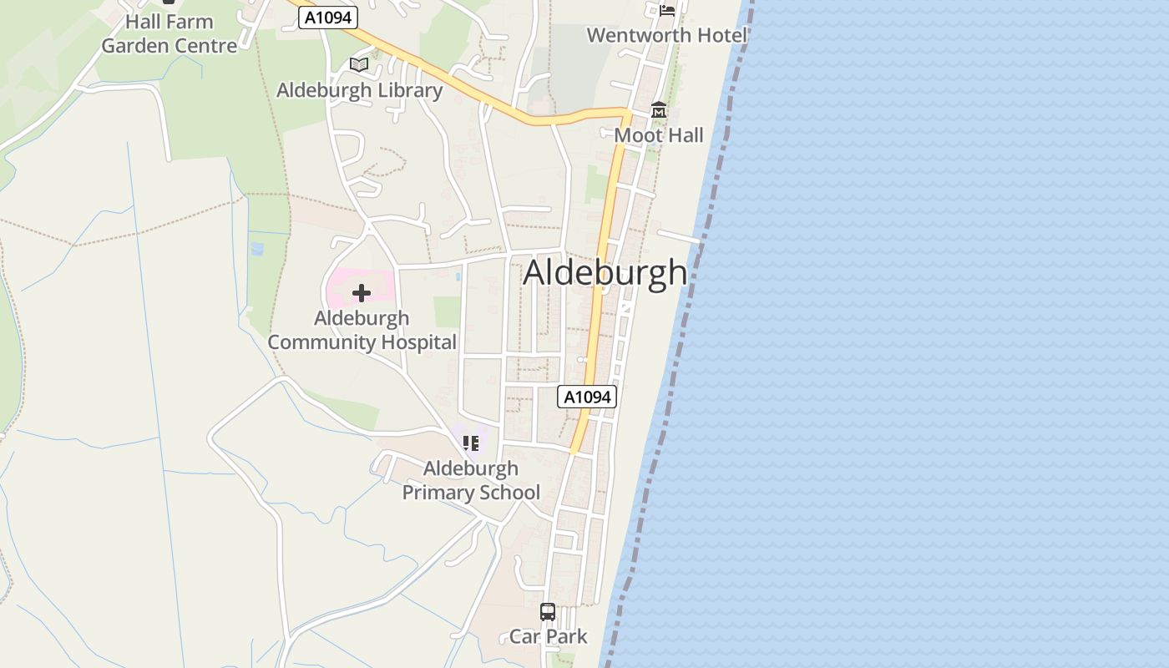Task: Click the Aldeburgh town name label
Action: click(x=605, y=273)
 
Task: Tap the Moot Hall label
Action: click(x=659, y=135)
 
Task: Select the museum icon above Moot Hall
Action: click(x=659, y=110)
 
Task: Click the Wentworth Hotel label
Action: click(x=666, y=35)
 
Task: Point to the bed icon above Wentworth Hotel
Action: click(x=667, y=10)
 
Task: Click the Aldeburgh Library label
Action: click(x=359, y=90)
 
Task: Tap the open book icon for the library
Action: click(x=359, y=64)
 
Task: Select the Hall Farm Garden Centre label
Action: click(x=170, y=33)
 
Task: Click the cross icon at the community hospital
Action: click(x=362, y=293)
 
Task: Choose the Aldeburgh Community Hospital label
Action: click(x=362, y=330)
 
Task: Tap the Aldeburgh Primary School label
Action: click(x=471, y=480)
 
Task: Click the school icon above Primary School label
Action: click(x=471, y=443)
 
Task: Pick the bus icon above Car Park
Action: click(x=548, y=612)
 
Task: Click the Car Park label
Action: click(x=549, y=636)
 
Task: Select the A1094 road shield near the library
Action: click(x=328, y=18)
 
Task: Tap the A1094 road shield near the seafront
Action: click(x=587, y=397)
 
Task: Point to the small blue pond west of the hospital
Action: click(x=257, y=248)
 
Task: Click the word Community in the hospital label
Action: click(x=322, y=342)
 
